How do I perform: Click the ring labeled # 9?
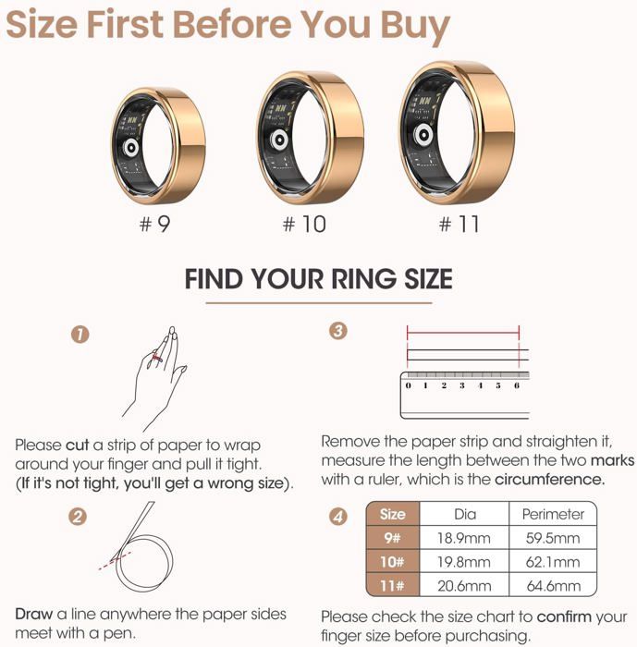[157, 146]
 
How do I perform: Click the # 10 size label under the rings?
[304, 224]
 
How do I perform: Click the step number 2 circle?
[80, 516]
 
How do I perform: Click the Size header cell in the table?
[393, 514]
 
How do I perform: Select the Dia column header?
[465, 514]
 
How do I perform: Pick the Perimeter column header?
[553, 514]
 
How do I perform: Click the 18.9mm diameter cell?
[465, 538]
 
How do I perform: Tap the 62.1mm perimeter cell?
[553, 562]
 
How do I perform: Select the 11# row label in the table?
[393, 585]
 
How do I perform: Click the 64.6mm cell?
[553, 585]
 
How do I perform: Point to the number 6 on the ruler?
[516, 385]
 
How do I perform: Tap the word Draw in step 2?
[34, 614]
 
